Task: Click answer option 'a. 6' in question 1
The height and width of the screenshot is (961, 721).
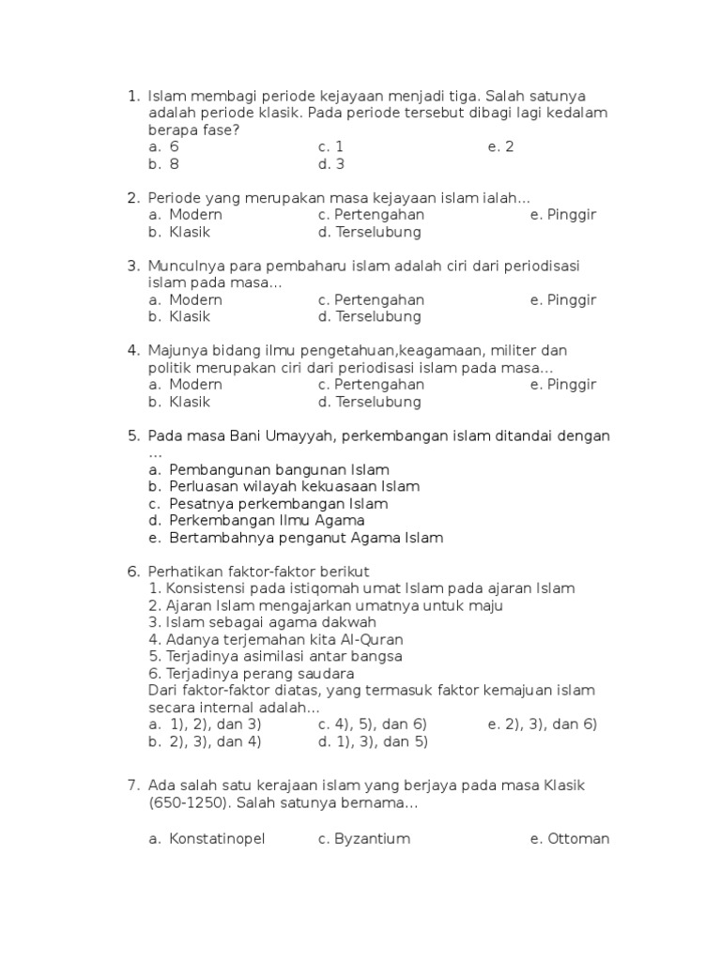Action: point(163,147)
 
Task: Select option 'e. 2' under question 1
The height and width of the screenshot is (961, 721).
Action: point(500,147)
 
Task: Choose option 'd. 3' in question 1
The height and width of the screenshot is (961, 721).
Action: point(331,164)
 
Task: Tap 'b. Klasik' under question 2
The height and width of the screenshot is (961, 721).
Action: point(179,232)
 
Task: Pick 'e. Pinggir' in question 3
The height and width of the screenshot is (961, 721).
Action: point(562,300)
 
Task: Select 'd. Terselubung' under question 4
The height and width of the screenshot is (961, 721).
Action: point(369,403)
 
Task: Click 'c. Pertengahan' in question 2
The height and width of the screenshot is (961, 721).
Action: point(371,215)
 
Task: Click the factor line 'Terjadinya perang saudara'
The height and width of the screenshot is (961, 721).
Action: point(252,674)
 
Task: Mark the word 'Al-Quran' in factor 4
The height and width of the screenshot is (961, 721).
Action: point(350,640)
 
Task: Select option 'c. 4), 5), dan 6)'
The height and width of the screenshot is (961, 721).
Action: point(373,725)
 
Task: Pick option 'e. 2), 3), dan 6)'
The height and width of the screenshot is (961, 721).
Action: point(543,725)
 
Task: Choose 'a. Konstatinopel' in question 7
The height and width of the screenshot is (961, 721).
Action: point(207,839)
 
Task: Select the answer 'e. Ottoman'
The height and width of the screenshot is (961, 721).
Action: point(569,839)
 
